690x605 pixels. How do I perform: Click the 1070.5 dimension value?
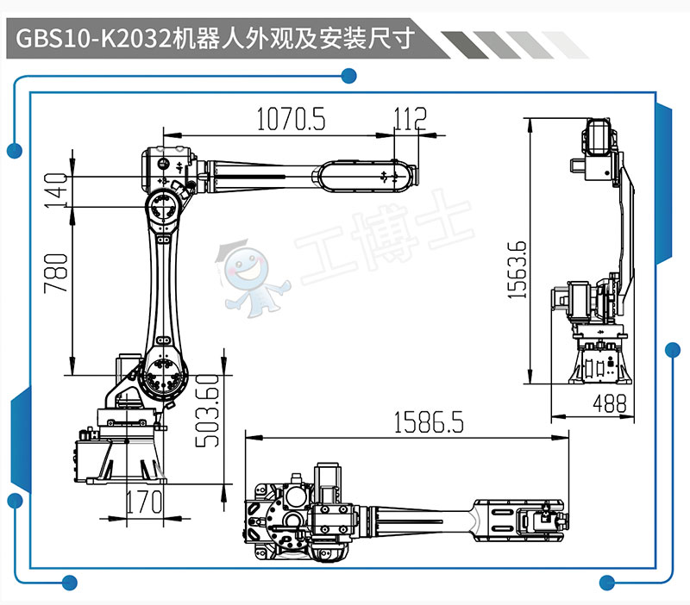point(291,120)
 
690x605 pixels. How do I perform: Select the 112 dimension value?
point(410,118)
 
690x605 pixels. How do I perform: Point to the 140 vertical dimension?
point(58,190)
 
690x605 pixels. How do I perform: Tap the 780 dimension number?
point(57,273)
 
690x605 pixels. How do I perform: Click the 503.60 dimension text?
point(206,409)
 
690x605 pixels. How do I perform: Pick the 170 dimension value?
point(145,501)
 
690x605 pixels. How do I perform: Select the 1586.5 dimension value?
point(429,423)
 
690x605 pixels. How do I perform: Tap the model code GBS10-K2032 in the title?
point(91,39)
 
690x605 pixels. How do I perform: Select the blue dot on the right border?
point(673,350)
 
